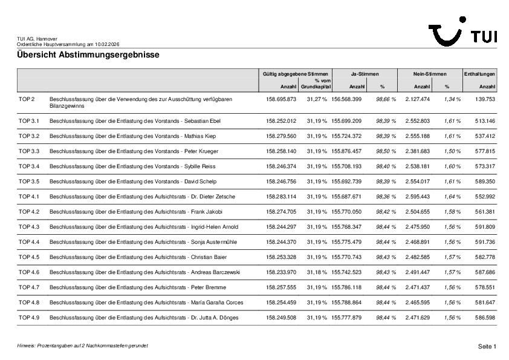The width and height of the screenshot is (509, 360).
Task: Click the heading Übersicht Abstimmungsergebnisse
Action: pyautogui.click(x=88, y=55)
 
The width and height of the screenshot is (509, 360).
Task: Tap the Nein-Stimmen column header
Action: pyautogui.click(x=429, y=73)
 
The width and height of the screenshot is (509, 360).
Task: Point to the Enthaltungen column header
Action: pyautogui.click(x=479, y=73)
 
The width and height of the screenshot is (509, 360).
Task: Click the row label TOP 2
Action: pyautogui.click(x=27, y=99)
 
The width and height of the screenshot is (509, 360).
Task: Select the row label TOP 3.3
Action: pyautogui.click(x=29, y=151)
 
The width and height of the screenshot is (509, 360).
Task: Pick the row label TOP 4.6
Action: pyautogui.click(x=29, y=272)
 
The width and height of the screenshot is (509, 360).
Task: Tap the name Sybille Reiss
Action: pyautogui.click(x=200, y=166)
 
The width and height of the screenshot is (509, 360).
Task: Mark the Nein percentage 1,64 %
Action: pyautogui.click(x=452, y=196)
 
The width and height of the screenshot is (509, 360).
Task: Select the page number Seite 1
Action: pyautogui.click(x=487, y=346)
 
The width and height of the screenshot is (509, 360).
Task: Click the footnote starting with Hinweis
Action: pyautogui.click(x=82, y=345)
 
